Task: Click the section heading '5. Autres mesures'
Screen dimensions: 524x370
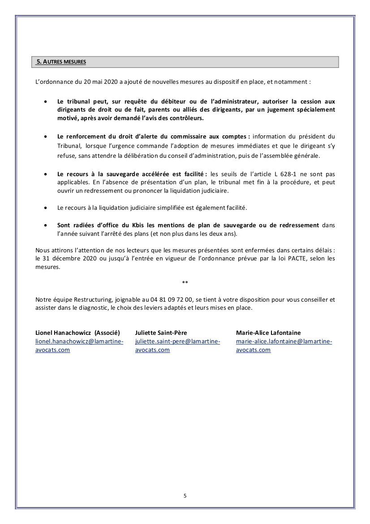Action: [61, 62]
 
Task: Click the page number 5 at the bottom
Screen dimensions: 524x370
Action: [185, 495]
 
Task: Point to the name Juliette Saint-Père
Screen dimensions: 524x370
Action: [161, 333]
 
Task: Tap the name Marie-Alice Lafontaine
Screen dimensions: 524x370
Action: [268, 333]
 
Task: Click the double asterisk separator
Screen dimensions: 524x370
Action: [185, 282]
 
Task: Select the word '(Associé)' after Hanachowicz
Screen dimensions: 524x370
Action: [107, 333]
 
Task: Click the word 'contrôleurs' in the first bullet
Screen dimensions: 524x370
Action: [186, 118]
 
